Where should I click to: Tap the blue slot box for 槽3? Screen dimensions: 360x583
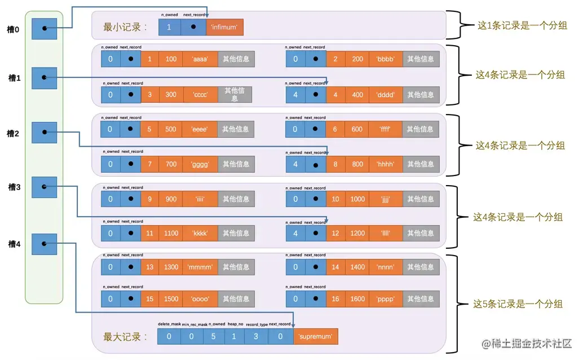[45, 187]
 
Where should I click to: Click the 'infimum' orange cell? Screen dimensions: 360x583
[224, 27]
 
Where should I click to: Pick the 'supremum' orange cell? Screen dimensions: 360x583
[315, 337]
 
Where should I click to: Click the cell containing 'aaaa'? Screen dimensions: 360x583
[200, 59]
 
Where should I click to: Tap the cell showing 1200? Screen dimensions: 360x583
[357, 233]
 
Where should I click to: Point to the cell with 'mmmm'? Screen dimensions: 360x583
[200, 267]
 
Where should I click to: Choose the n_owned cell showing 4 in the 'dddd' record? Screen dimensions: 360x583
[295, 95]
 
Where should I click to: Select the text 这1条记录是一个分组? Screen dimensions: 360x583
[522, 25]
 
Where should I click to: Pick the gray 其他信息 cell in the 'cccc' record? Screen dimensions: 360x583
[235, 95]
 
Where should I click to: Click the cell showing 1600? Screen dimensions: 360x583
[357, 299]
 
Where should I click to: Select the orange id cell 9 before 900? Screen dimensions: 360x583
[150, 199]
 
